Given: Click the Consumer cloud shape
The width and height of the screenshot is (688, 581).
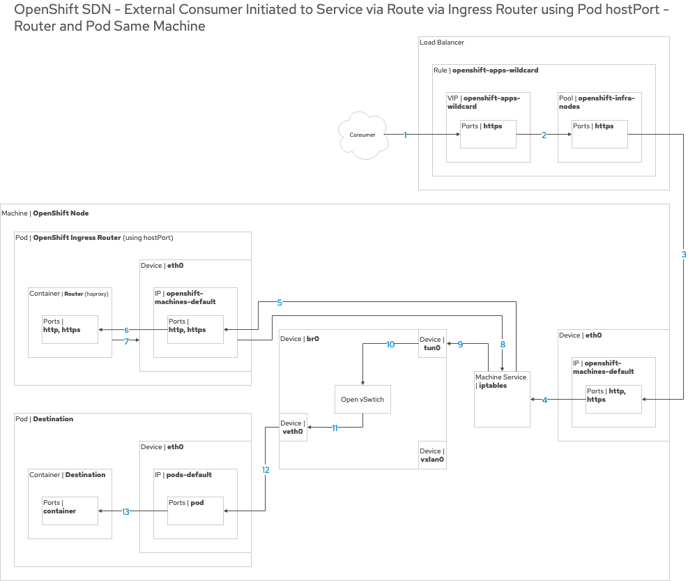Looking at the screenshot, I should point(363,135).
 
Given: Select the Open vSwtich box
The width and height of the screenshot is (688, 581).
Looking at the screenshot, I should point(362,400).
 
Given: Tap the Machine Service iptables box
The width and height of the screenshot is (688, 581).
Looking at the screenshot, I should point(502,398).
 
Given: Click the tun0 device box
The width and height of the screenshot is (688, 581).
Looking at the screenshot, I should point(432,343).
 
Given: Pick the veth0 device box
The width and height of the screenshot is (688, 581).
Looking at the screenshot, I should point(293,427).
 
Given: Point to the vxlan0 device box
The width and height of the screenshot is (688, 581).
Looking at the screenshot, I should point(432,455).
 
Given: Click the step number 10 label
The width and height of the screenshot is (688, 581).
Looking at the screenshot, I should point(390,345).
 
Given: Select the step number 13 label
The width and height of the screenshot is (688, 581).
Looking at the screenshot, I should point(125,512).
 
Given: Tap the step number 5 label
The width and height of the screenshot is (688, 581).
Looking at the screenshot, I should point(280,303).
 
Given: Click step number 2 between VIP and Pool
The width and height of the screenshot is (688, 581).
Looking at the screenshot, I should point(544,135).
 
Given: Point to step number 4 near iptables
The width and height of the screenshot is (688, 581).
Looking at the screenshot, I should point(544,400).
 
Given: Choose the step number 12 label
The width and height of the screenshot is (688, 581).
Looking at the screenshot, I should point(266,470).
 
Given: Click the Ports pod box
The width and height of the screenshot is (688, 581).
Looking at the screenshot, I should point(195,511).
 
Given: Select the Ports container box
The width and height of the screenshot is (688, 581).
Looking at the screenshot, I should point(70,511).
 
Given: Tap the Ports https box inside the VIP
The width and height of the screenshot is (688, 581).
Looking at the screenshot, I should point(488,134).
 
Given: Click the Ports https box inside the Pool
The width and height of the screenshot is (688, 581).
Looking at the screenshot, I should point(599,134).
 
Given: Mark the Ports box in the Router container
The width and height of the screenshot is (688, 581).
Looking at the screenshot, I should point(70,329).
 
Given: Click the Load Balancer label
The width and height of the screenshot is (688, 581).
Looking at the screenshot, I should point(442,43).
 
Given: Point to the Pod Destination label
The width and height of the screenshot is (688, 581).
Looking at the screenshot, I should point(44,419).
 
